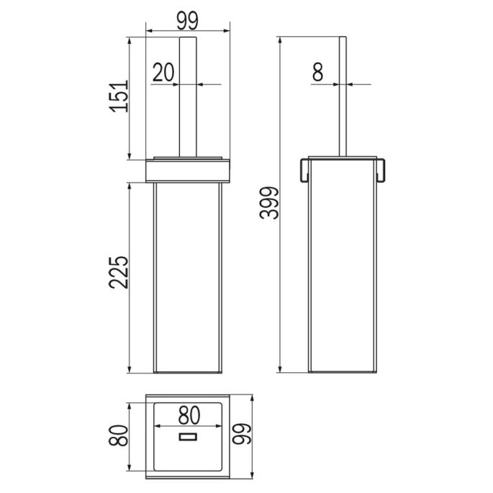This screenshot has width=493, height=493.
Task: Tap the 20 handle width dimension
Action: coord(164,72)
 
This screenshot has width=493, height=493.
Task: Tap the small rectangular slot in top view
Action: coord(189,437)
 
